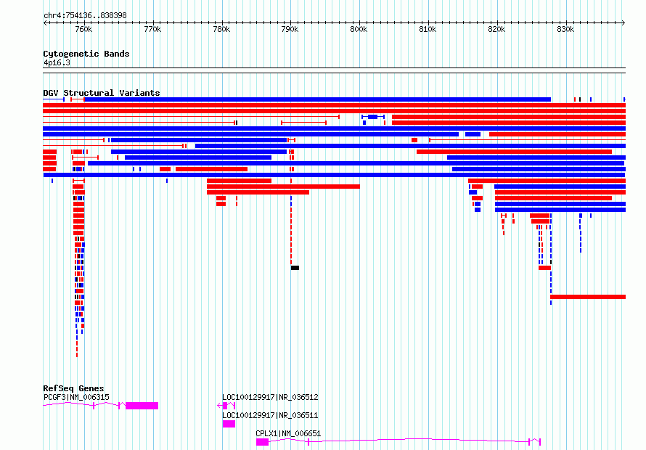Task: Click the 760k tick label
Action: click(83, 30)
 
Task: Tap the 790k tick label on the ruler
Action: click(290, 30)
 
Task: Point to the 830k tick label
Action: click(565, 30)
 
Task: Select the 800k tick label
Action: click(359, 30)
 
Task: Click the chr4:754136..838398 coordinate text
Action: click(85, 16)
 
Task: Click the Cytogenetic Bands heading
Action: click(86, 54)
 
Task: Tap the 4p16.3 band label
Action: click(57, 62)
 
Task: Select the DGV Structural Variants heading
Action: click(102, 93)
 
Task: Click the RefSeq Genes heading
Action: click(73, 388)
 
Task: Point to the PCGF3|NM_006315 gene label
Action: click(77, 397)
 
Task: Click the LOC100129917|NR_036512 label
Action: click(270, 397)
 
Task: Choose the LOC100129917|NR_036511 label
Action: click(270, 415)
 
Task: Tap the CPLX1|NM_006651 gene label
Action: click(288, 433)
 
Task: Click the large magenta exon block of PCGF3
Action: click(142, 406)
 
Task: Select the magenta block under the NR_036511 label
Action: click(229, 424)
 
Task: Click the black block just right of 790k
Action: click(295, 268)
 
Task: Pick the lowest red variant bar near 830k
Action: click(588, 297)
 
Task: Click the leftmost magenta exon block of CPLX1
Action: click(263, 442)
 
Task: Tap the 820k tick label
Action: click(496, 30)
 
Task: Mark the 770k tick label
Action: click(152, 30)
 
